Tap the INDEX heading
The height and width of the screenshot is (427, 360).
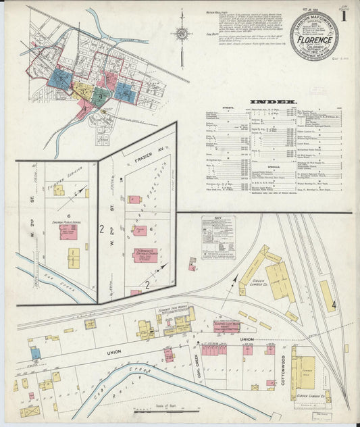(274, 102)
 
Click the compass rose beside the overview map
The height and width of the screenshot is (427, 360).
(182, 32)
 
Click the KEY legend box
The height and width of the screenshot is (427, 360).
(219, 234)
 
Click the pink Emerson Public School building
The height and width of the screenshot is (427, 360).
(68, 232)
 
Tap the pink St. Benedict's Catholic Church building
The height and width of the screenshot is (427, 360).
(145, 256)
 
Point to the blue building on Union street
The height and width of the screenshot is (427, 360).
(35, 353)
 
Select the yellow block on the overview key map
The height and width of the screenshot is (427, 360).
(81, 90)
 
